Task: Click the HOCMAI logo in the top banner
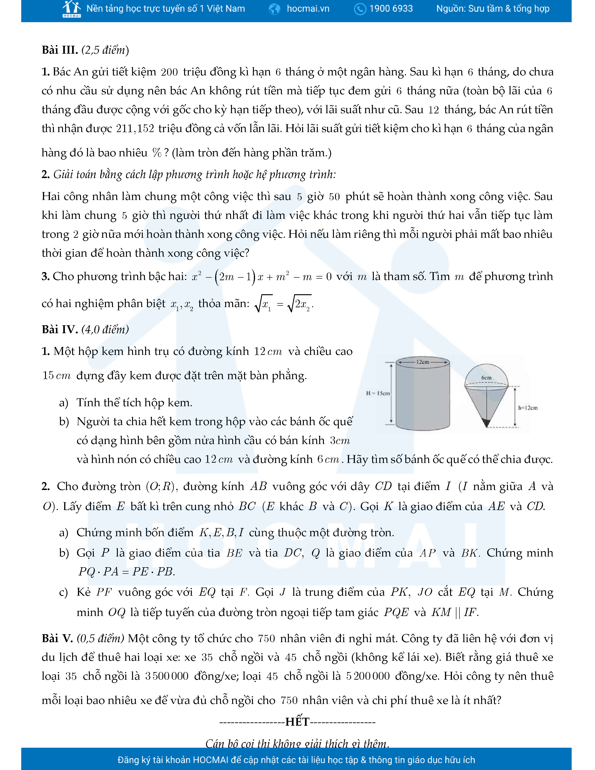(72, 9)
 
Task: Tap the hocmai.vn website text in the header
(308, 9)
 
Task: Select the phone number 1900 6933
(391, 9)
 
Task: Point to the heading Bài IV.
(59, 329)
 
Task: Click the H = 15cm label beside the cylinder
(378, 393)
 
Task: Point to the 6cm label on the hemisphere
(486, 378)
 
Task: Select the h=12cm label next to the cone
(528, 408)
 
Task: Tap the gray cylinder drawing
(423, 398)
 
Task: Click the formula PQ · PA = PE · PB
(126, 571)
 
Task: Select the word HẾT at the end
(297, 722)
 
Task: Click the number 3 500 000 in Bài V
(167, 676)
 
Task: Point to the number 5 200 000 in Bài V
(368, 676)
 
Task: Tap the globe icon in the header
(274, 9)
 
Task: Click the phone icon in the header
(360, 9)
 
